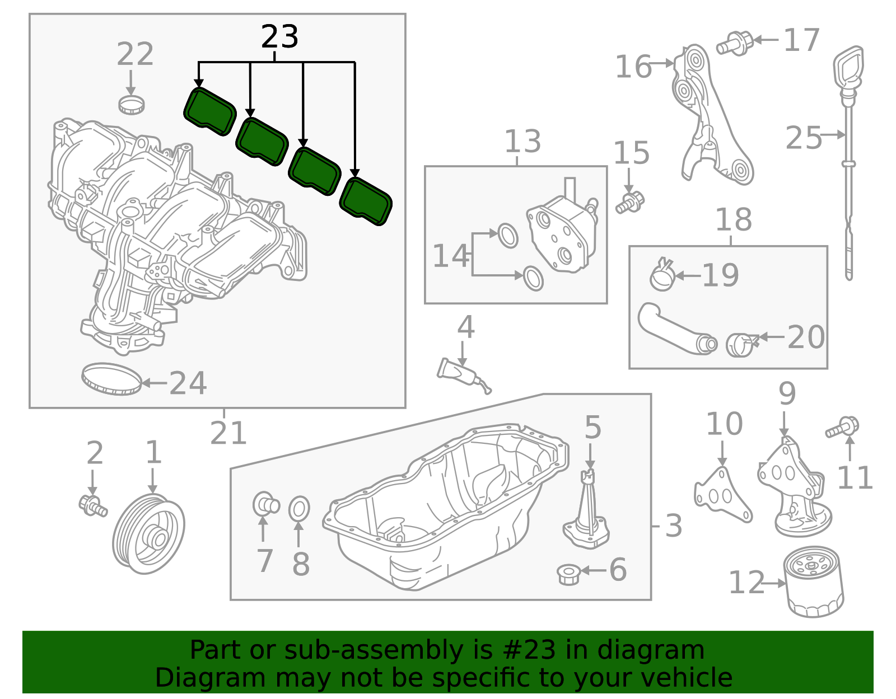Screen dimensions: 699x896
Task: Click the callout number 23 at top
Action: coord(279,37)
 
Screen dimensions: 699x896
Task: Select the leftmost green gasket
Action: coord(209,111)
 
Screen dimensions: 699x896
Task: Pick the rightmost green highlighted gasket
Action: coord(366,201)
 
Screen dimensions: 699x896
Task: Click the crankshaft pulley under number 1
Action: coord(148,534)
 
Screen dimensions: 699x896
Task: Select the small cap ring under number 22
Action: coord(132,105)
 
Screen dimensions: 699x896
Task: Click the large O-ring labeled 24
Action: coord(111,379)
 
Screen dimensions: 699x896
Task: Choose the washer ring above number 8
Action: coord(299,509)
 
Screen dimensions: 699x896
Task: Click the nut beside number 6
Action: coord(568,574)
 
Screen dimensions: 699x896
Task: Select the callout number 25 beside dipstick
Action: coord(803,138)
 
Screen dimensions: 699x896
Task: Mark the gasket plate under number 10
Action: coord(722,496)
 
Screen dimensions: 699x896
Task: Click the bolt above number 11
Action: coord(842,428)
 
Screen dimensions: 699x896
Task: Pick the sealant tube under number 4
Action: coord(463,374)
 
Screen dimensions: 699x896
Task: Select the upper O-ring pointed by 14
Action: coord(508,236)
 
